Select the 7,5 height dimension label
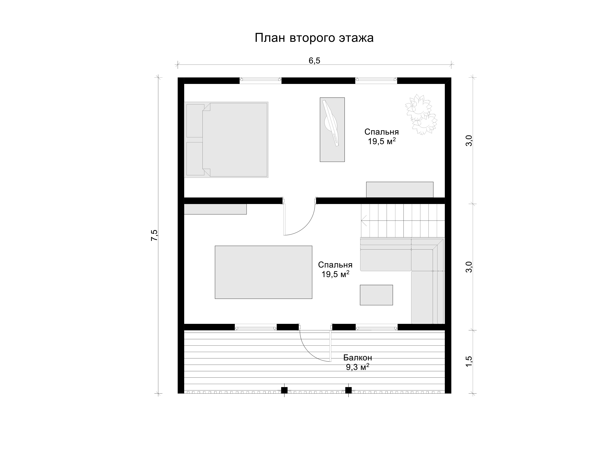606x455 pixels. (154, 235)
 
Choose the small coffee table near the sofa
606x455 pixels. (376, 295)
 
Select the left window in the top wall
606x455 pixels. (261, 80)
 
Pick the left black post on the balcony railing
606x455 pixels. (284, 390)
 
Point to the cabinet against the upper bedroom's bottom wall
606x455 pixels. (400, 190)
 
